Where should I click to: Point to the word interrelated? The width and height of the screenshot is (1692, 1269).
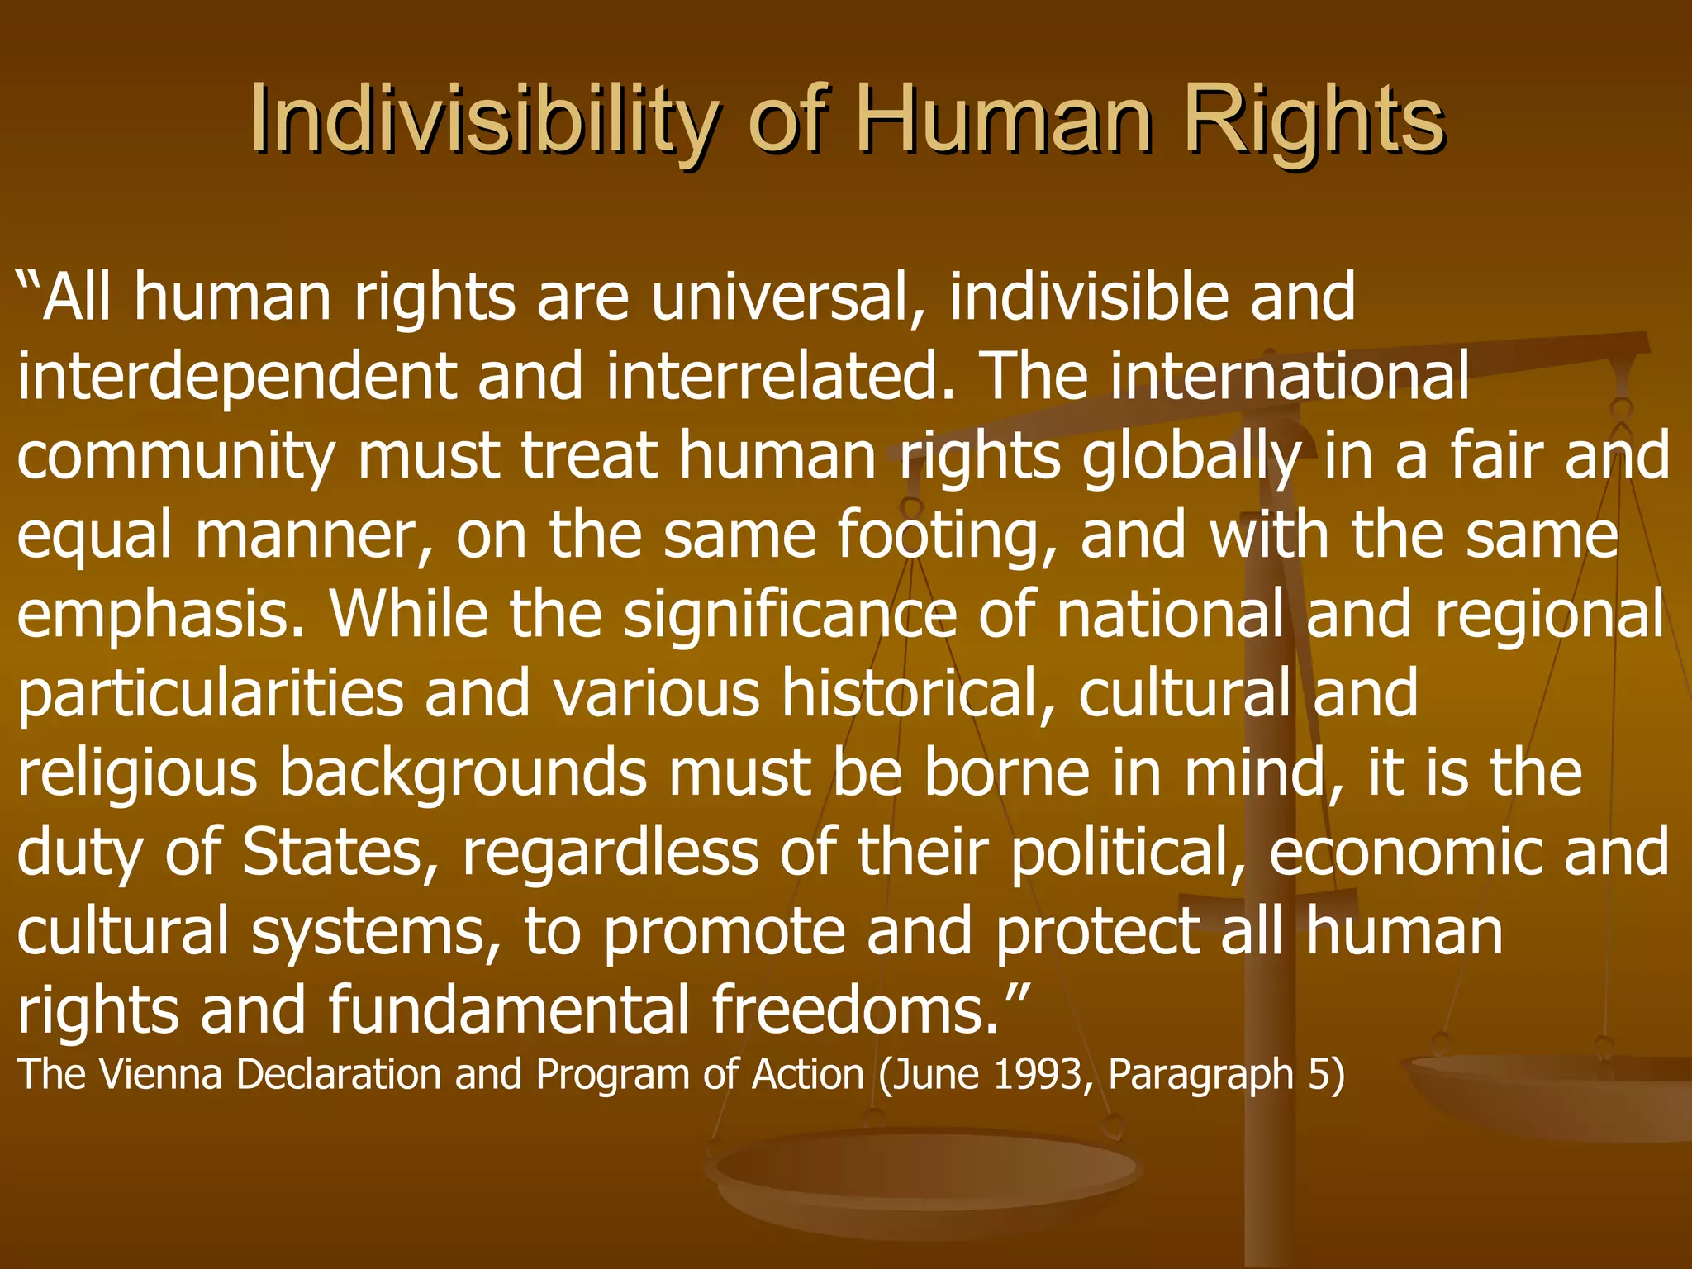coord(780,376)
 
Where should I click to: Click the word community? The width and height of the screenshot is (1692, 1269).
coord(175,457)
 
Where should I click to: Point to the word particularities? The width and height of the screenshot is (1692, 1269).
coord(210,695)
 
